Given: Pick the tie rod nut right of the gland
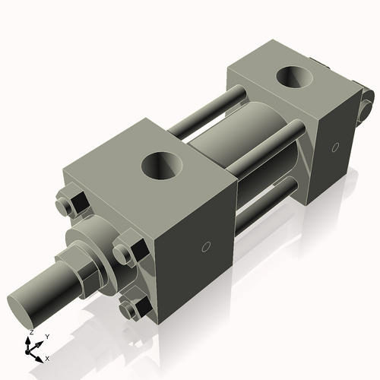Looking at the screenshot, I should (x=128, y=252).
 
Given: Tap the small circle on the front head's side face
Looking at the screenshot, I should (x=206, y=246).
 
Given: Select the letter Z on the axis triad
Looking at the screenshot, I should (x=30, y=332).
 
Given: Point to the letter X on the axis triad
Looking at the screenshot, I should (x=48, y=357).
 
